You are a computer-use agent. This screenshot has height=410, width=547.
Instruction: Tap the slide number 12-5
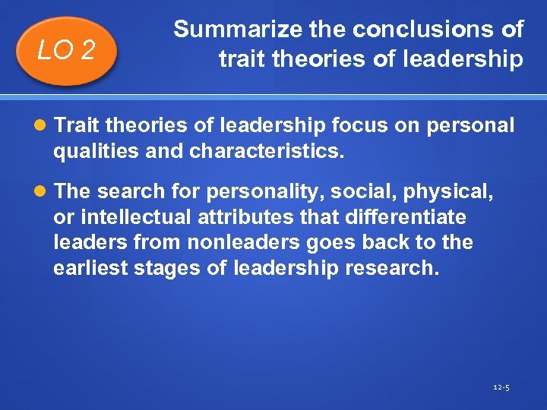[501, 387]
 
